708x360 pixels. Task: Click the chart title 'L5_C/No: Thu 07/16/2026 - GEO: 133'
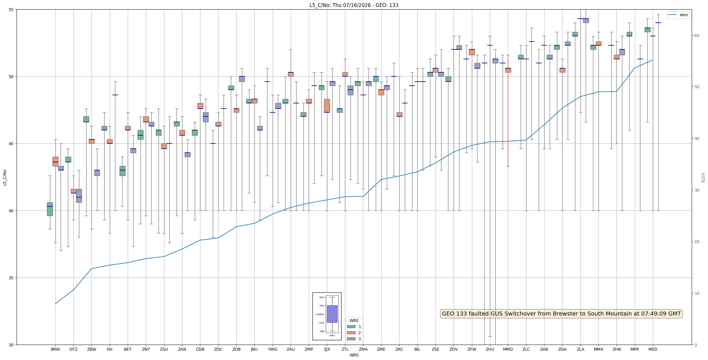(354, 5)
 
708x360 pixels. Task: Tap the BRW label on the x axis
(55, 349)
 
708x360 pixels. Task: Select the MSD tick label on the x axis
(653, 349)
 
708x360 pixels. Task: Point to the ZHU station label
(490, 349)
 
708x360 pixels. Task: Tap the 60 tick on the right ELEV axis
(696, 35)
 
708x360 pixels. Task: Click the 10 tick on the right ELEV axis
(696, 293)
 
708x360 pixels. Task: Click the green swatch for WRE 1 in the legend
(351, 327)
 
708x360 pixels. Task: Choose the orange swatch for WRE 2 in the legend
(351, 333)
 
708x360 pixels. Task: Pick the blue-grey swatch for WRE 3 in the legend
(351, 339)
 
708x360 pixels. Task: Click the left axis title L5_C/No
(5, 178)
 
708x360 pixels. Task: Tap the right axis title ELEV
(703, 178)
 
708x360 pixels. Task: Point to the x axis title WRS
(354, 355)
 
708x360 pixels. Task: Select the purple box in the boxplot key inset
(332, 314)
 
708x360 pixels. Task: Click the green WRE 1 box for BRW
(50, 209)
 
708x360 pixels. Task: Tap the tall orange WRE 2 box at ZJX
(327, 106)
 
